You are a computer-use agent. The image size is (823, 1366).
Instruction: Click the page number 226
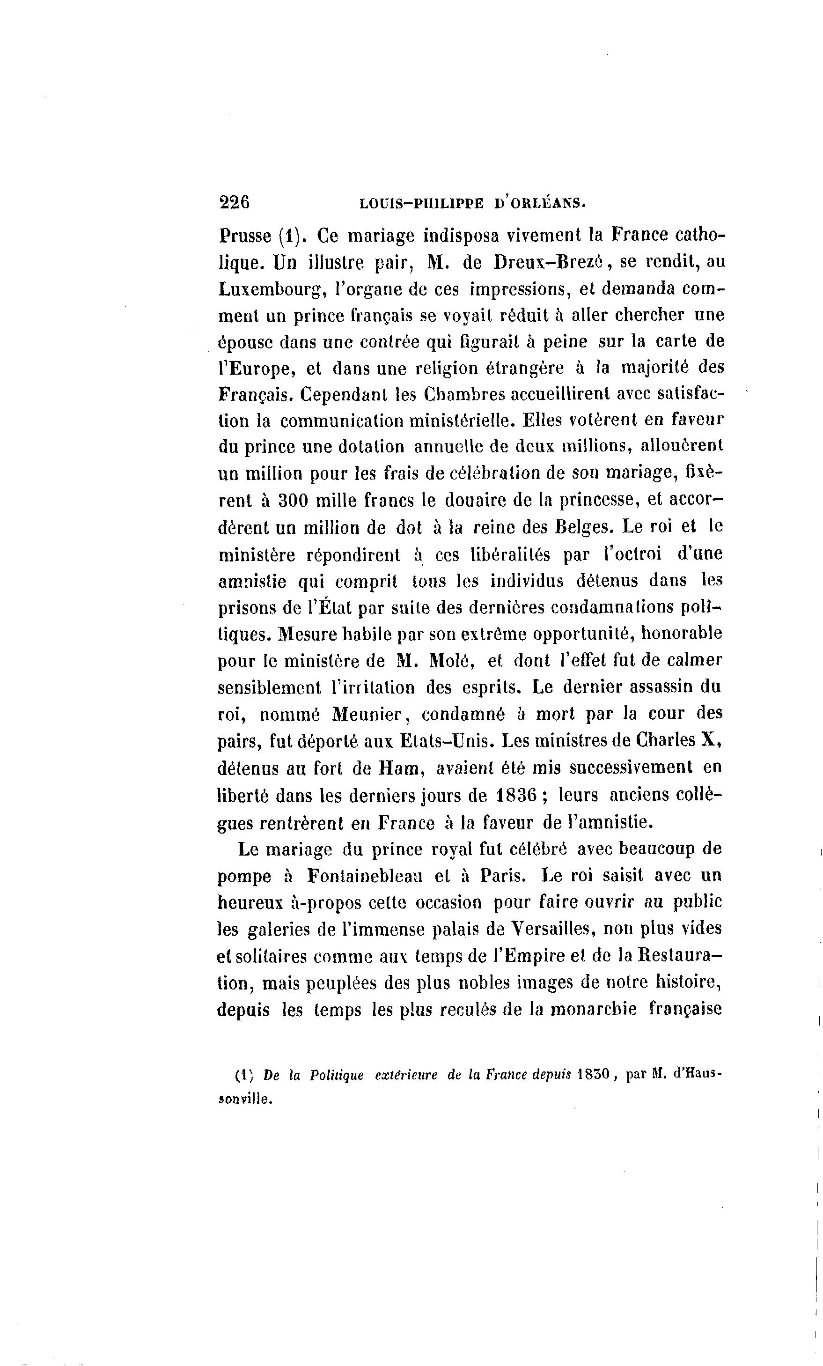pos(235,202)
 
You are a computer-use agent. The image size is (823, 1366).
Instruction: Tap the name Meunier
pos(367,714)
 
